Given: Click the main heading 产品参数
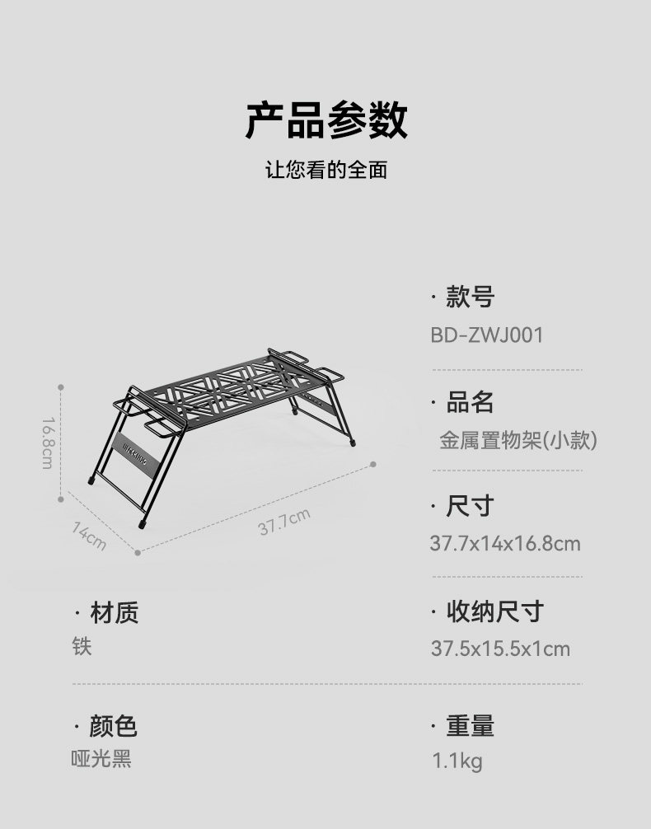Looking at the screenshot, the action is pyautogui.click(x=325, y=120).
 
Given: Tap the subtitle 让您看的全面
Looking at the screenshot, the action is pyautogui.click(x=325, y=171).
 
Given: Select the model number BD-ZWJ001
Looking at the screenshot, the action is pyautogui.click(x=486, y=335).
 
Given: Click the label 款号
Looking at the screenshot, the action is pyautogui.click(x=470, y=297).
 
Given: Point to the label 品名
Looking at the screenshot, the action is pyautogui.click(x=470, y=402).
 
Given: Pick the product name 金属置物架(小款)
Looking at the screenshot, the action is pyautogui.click(x=518, y=440).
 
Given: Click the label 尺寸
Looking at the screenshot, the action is pyautogui.click(x=470, y=505).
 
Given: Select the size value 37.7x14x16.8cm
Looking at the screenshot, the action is pyautogui.click(x=504, y=544).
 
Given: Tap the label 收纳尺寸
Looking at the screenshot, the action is pyautogui.click(x=494, y=611).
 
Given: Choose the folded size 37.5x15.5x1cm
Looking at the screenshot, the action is pyautogui.click(x=500, y=649).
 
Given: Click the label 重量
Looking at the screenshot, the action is pyautogui.click(x=470, y=726).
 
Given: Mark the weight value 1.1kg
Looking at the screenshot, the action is pyautogui.click(x=457, y=761).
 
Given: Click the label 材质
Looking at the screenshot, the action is pyautogui.click(x=114, y=612).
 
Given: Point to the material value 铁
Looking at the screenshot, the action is pyautogui.click(x=82, y=646).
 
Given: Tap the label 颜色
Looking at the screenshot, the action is pyautogui.click(x=113, y=726).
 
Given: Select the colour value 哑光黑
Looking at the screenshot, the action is pyautogui.click(x=101, y=759).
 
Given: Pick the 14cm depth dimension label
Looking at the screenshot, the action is pyautogui.click(x=89, y=536).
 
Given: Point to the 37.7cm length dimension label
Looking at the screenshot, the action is pyautogui.click(x=284, y=522).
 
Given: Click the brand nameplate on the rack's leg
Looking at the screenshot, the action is pyautogui.click(x=136, y=454).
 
